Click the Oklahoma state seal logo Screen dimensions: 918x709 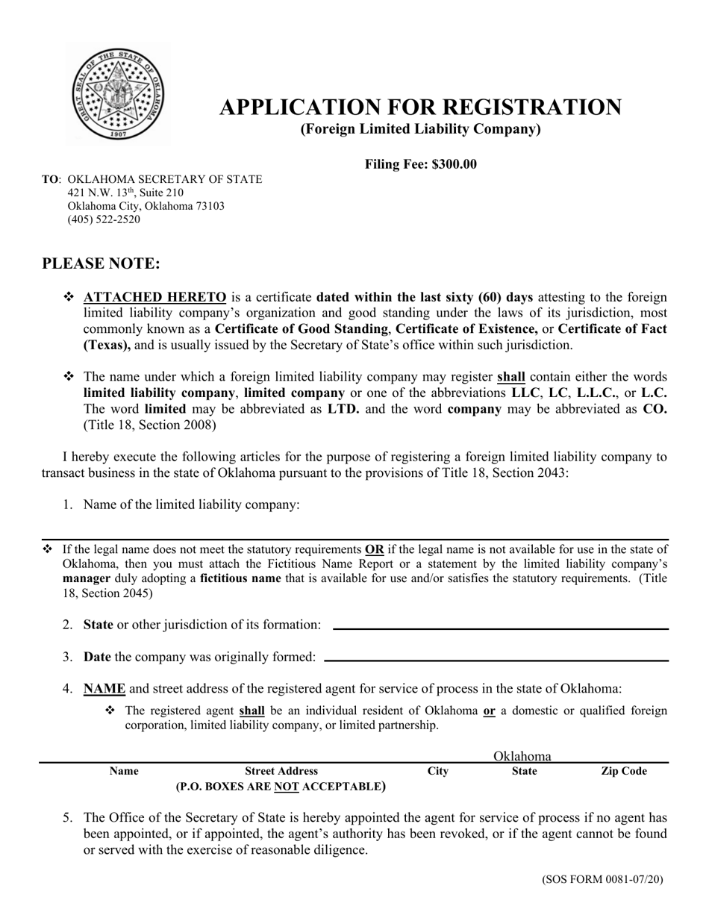(119, 93)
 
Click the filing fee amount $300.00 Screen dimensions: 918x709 (454, 165)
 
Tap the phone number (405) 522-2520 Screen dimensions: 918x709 (104, 219)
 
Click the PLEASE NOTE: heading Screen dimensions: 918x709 (101, 264)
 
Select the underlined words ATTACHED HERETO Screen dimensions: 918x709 (154, 297)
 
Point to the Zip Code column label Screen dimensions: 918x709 (623, 772)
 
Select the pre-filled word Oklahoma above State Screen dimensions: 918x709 (522, 757)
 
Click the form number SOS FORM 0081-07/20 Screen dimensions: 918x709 (602, 880)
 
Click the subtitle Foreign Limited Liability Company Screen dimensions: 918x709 (420, 129)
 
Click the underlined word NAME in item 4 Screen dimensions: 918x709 (104, 689)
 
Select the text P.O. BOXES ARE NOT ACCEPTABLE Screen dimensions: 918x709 (281, 787)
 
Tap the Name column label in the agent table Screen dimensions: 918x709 (124, 772)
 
